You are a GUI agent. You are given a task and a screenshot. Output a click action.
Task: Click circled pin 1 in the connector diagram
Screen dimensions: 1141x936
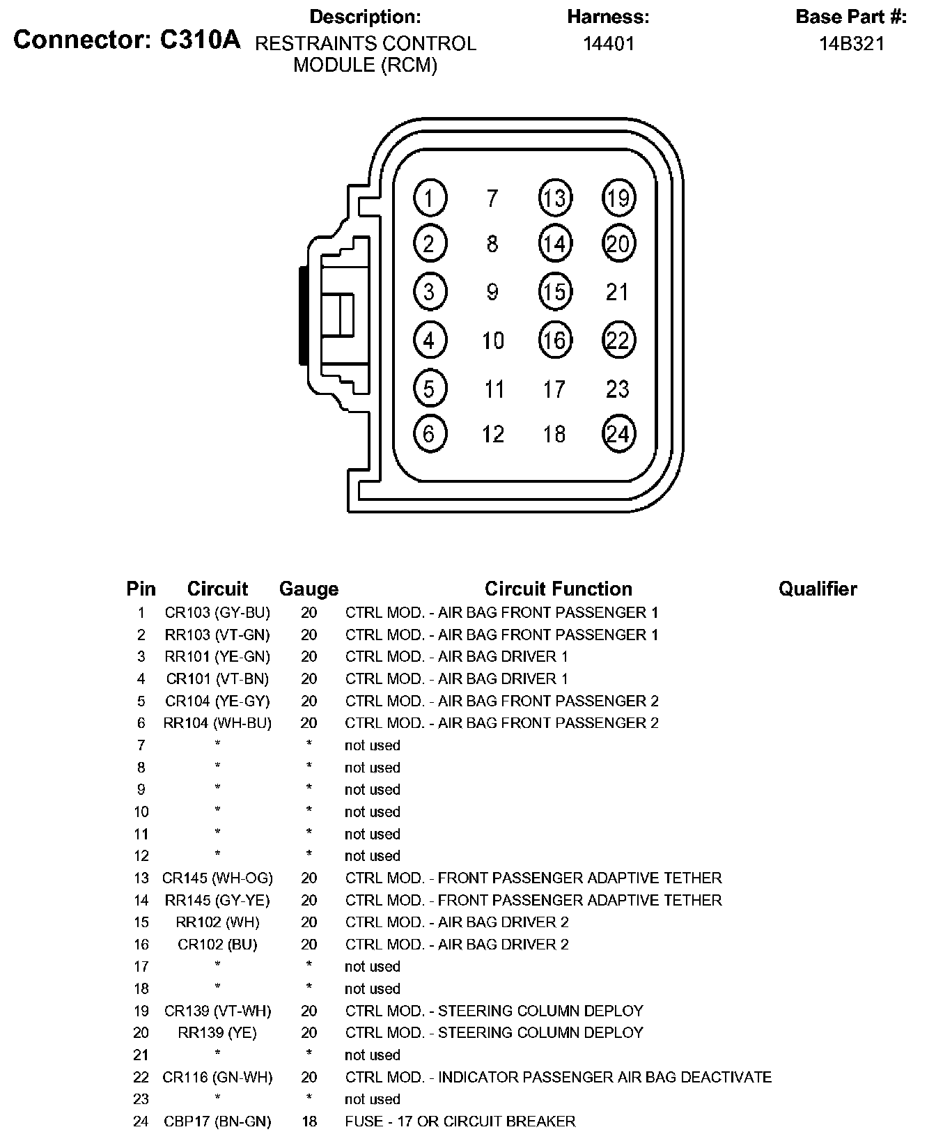[430, 199]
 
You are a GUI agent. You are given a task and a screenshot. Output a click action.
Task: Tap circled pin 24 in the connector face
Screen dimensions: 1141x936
[618, 434]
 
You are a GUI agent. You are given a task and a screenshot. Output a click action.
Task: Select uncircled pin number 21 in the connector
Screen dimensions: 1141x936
[618, 292]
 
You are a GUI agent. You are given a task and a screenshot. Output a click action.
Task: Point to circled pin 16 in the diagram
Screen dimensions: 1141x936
[554, 340]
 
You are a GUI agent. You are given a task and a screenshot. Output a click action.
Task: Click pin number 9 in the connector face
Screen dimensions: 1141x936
[492, 292]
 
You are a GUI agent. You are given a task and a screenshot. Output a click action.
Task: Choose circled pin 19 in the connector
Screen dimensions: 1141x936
[618, 199]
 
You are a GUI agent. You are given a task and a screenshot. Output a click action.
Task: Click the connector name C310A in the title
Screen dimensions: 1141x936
[200, 40]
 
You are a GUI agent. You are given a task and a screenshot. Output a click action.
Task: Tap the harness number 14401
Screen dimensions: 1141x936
[608, 44]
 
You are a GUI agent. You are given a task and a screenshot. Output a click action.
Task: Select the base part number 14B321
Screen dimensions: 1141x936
[851, 44]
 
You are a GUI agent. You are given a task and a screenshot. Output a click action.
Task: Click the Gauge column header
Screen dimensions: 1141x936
[309, 589]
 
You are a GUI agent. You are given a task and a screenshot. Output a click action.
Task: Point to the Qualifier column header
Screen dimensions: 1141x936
[818, 589]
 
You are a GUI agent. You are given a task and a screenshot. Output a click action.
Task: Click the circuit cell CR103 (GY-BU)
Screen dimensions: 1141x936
[217, 613]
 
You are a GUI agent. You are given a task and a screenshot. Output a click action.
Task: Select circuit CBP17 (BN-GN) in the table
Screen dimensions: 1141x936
[217, 1121]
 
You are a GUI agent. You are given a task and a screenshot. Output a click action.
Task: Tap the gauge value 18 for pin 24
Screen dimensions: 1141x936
[309, 1121]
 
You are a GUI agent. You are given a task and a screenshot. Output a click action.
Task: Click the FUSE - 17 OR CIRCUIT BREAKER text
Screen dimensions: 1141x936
[460, 1121]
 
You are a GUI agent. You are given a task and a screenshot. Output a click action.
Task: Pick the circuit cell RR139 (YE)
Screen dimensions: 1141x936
[217, 1033]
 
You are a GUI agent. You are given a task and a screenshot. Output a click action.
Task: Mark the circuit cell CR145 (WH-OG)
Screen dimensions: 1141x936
[217, 878]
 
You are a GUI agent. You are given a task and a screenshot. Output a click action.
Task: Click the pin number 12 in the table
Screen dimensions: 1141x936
[141, 856]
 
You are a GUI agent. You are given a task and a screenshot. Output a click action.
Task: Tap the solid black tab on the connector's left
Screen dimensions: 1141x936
[304, 315]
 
